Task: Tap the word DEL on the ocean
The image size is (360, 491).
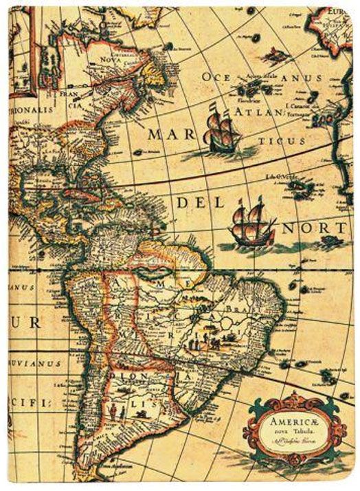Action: click(x=195, y=204)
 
